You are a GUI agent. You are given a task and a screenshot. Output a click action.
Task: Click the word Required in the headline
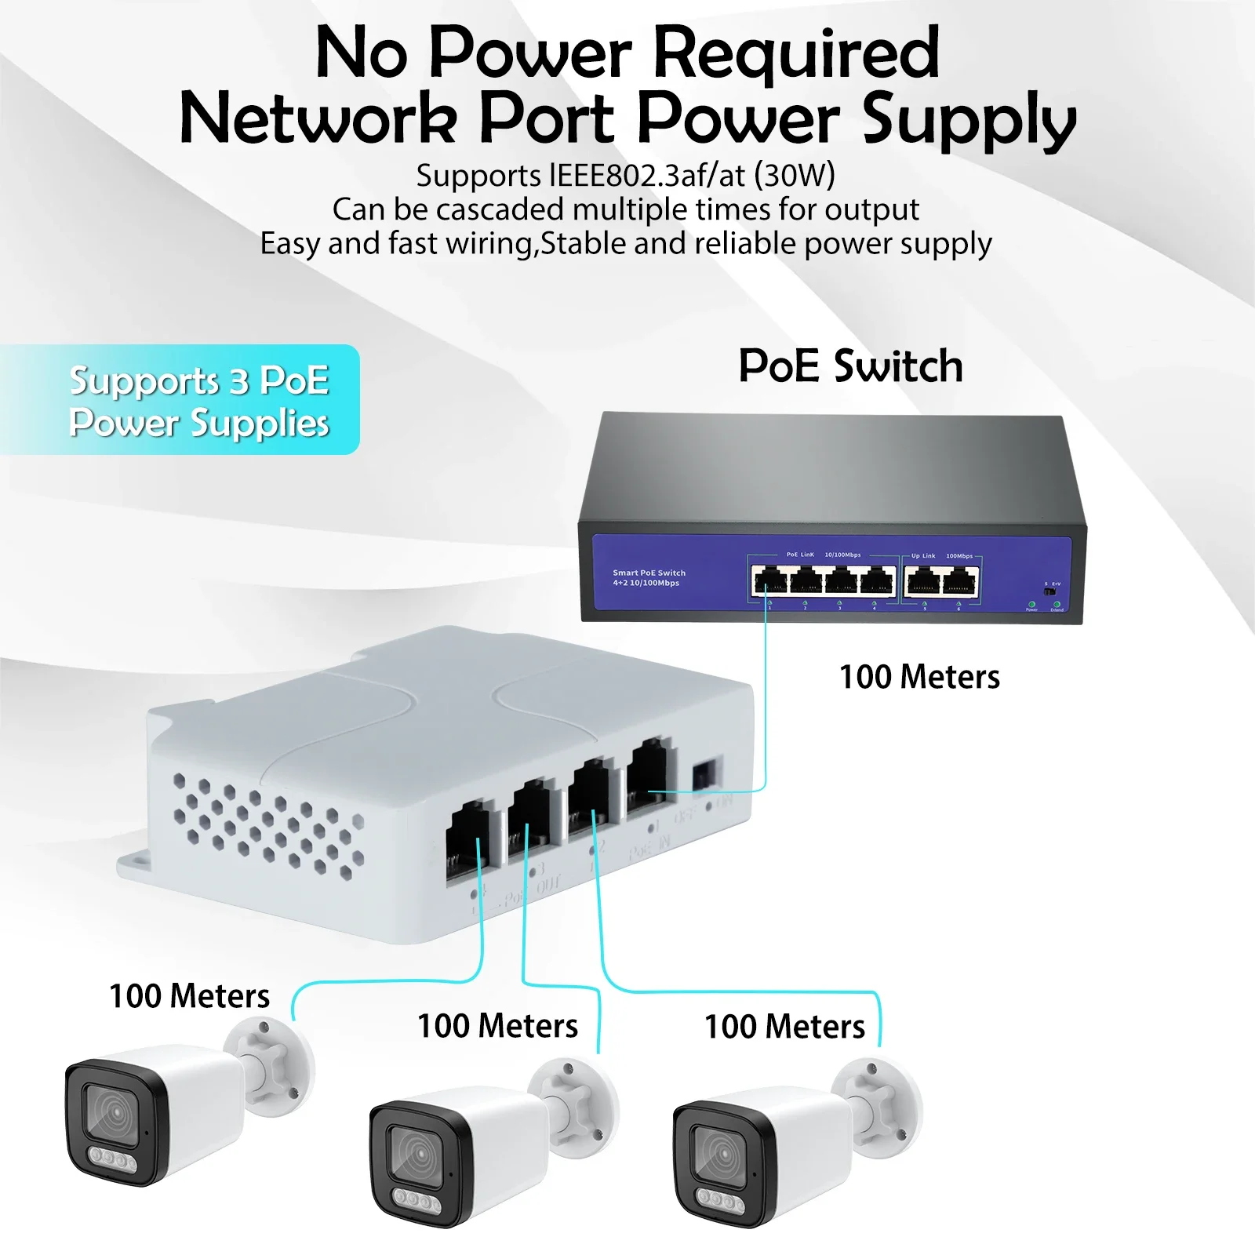coord(795,53)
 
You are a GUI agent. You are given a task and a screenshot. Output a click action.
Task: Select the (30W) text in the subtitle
coord(794,175)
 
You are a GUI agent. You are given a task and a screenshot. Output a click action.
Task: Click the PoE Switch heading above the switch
coord(850,366)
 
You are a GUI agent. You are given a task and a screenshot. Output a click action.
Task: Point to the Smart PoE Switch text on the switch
coord(649,573)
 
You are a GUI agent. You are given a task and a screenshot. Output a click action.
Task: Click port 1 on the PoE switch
coord(769,582)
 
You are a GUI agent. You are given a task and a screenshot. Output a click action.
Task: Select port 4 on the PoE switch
coord(877,582)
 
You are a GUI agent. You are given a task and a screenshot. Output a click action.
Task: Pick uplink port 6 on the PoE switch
coord(960,582)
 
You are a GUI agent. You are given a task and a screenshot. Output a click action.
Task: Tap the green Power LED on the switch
coord(1031,605)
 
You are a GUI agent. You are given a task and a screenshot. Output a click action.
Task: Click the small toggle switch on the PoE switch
coord(1050,591)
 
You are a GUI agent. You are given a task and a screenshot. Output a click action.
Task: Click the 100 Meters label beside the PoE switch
coord(919,677)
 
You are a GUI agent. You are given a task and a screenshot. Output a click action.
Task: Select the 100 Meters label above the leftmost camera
coord(189,996)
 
